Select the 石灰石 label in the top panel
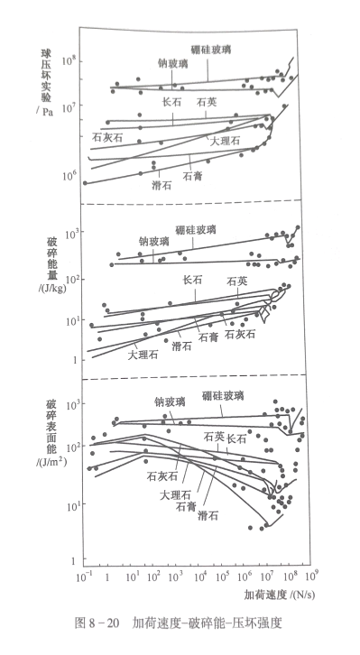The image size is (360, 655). click(107, 137)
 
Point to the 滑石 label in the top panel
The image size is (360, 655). click(162, 184)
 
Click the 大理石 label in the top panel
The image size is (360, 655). click(225, 142)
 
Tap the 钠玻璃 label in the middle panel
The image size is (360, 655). click(153, 241)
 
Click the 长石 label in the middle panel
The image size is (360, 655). click(192, 281)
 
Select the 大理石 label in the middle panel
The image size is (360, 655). click(117, 355)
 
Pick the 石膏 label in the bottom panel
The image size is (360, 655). click(187, 505)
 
